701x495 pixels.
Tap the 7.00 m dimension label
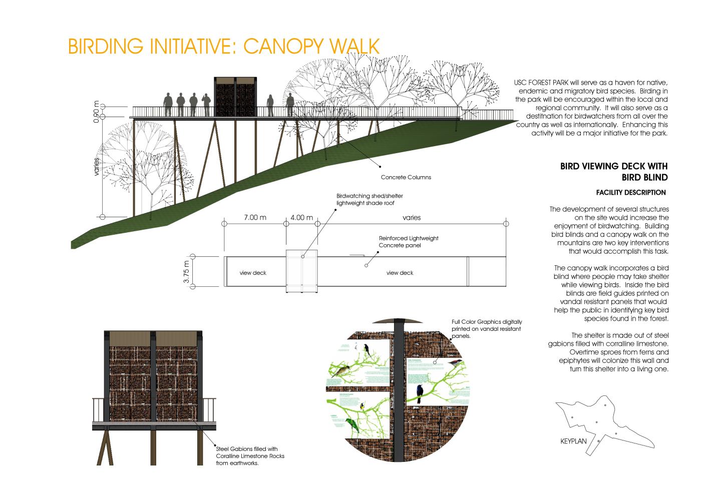coord(255,218)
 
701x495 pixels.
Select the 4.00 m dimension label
coord(301,218)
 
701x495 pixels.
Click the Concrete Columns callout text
coord(406,177)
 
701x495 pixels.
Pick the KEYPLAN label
coord(573,442)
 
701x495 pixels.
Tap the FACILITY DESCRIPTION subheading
coord(631,192)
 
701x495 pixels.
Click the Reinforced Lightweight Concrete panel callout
coord(408,242)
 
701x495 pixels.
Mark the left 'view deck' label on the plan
coord(253,273)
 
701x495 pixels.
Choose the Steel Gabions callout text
coord(246,456)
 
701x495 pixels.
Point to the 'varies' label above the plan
coord(411,218)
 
